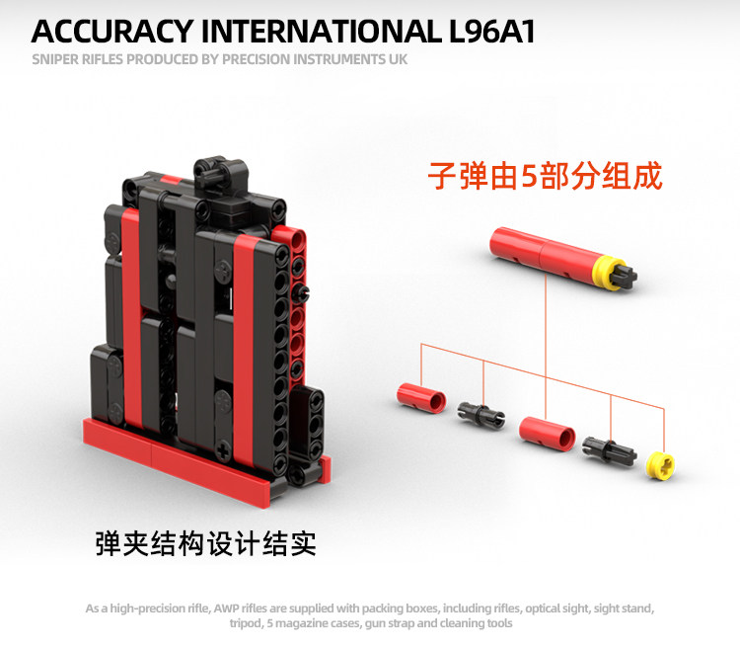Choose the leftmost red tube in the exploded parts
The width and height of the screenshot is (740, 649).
[x=420, y=395]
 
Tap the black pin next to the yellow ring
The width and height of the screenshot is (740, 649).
[x=604, y=448]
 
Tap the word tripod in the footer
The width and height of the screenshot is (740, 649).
[x=245, y=623]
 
